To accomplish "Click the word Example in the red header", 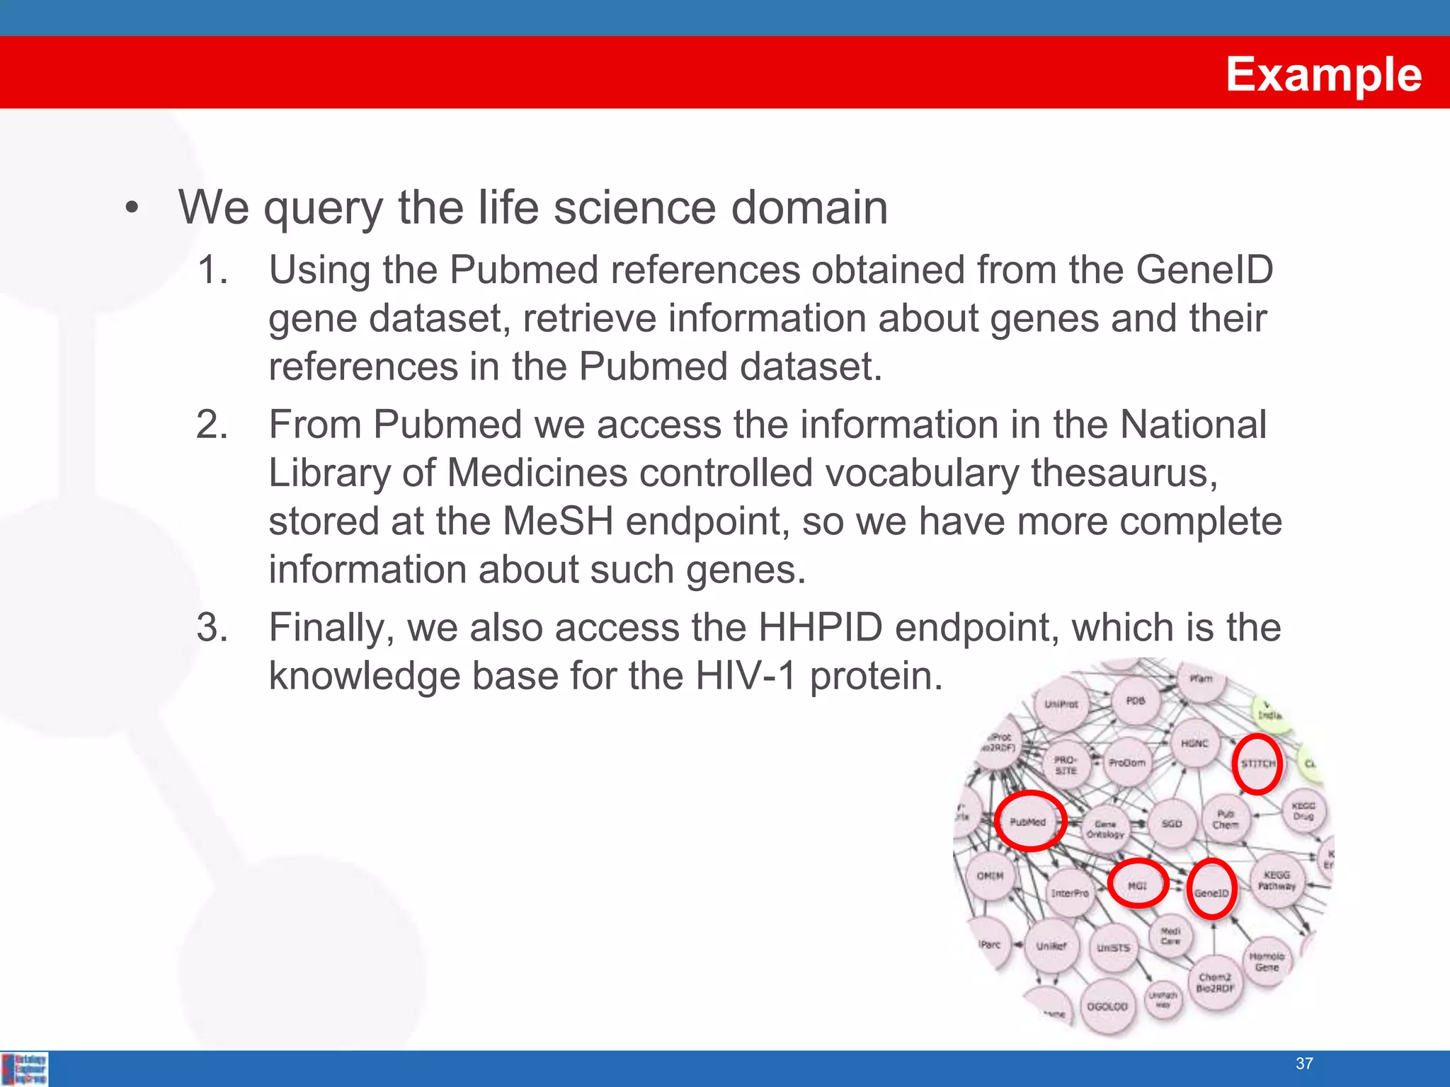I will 1323,74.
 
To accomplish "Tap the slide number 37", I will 1304,1063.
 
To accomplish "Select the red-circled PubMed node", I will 1029,822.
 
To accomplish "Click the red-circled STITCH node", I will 1257,764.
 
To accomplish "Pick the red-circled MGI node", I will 1137,885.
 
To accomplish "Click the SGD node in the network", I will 1172,824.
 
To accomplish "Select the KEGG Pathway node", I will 1277,880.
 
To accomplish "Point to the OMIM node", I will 990,876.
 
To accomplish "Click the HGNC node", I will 1194,744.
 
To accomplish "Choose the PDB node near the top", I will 1136,701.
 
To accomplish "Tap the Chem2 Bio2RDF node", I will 1215,982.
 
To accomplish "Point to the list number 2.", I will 212,425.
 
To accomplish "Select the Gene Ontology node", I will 1105,829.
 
